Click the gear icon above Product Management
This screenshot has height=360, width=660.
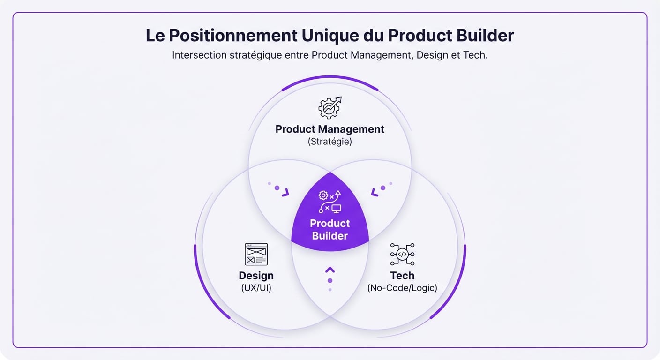tap(330, 108)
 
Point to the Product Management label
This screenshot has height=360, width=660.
tap(330, 129)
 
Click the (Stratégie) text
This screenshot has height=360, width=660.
tap(330, 142)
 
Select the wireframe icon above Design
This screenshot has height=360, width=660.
tap(256, 254)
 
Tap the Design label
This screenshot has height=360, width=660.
tap(256, 276)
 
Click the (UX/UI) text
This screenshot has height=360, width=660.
tap(256, 288)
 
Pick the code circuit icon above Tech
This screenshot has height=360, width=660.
tap(402, 254)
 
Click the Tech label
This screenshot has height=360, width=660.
tap(402, 276)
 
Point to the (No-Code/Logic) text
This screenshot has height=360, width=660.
tap(402, 288)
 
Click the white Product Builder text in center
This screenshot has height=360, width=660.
tap(330, 230)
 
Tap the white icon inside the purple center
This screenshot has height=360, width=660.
tap(330, 202)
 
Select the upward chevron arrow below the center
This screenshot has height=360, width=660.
tap(330, 270)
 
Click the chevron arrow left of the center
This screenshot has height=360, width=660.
tap(285, 192)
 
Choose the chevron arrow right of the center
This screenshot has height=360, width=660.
tap(375, 192)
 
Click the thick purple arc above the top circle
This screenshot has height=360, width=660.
tap(330, 78)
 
